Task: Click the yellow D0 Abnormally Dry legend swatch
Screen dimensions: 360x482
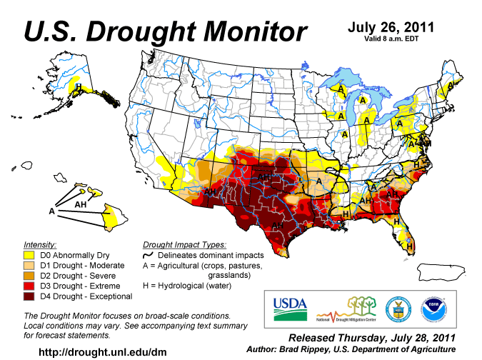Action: pyautogui.click(x=29, y=254)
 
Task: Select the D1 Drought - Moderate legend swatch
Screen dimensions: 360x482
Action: pyautogui.click(x=29, y=264)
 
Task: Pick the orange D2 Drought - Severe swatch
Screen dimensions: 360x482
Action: pyautogui.click(x=29, y=275)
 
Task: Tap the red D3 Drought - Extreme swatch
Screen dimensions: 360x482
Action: pyautogui.click(x=29, y=286)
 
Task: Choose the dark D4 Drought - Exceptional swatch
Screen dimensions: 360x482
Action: pyautogui.click(x=29, y=296)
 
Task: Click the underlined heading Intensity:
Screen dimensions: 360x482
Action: pyautogui.click(x=41, y=244)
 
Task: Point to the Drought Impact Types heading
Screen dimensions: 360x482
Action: pyautogui.click(x=184, y=244)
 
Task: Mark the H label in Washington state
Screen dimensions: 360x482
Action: pyautogui.click(x=80, y=87)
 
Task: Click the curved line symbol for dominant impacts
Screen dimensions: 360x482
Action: pyautogui.click(x=149, y=254)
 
